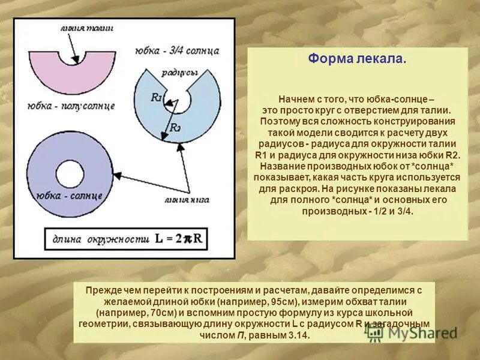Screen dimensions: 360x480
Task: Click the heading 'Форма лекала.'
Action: coord(357,60)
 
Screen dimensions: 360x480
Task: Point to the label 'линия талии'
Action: coord(87,28)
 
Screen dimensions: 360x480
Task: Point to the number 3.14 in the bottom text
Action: coord(298,335)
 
